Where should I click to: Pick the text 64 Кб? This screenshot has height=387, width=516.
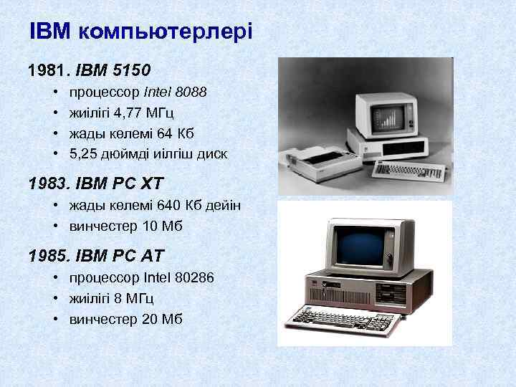[x=175, y=133]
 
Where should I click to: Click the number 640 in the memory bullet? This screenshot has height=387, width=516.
[x=167, y=206]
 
